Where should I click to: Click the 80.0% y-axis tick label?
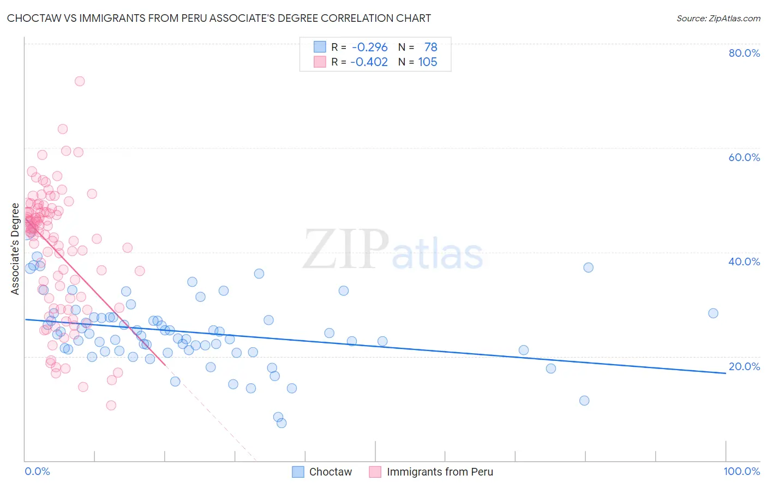(744, 53)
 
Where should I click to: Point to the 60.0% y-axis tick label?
(744, 157)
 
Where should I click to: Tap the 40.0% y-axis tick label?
(744, 262)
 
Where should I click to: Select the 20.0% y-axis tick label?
(744, 366)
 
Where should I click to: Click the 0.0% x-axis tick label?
(37, 471)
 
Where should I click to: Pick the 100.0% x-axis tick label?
(741, 471)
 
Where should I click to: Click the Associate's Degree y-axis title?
(15, 249)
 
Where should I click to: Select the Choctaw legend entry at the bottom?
(322, 472)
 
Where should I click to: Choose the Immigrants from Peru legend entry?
(432, 472)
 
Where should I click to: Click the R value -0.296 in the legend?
(370, 47)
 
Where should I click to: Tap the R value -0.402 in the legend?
(369, 62)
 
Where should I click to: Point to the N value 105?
(428, 62)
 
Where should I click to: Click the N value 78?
(431, 47)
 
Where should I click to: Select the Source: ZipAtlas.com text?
(718, 18)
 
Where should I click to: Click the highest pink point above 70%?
(80, 81)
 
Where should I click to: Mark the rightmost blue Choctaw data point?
(713, 313)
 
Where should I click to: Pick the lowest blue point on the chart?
(281, 423)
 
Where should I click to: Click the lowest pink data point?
(111, 405)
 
